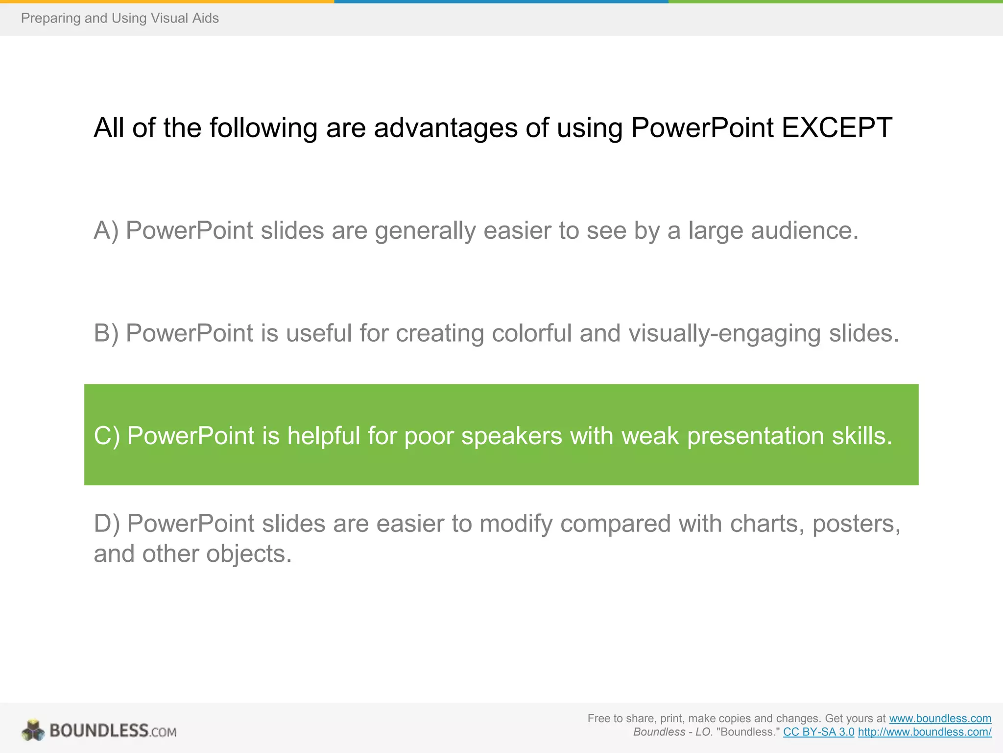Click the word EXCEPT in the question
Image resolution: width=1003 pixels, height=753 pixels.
click(836, 128)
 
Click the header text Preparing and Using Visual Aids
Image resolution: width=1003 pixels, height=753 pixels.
click(120, 18)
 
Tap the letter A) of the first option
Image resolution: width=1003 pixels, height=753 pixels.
click(106, 230)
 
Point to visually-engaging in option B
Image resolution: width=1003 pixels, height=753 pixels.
click(724, 333)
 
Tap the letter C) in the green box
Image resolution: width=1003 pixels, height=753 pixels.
click(107, 436)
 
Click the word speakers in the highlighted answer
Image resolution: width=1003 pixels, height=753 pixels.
click(512, 436)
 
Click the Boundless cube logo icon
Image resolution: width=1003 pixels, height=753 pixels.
click(33, 730)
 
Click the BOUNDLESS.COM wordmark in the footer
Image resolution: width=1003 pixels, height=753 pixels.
click(113, 731)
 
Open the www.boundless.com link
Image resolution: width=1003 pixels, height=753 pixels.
click(940, 719)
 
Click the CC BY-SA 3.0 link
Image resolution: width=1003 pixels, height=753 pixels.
click(818, 732)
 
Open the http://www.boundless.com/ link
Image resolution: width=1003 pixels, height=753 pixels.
click(924, 732)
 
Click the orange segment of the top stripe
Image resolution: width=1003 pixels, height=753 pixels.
click(167, 1)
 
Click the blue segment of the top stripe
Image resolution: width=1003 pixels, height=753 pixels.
click(501, 1)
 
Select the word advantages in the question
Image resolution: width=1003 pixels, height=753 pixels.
click(445, 128)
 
